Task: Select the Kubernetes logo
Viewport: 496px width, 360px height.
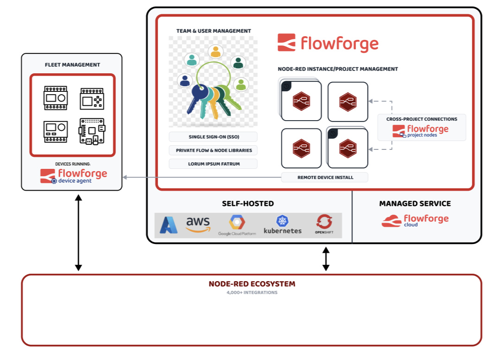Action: [x=282, y=225]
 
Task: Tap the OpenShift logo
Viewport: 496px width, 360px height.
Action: [x=324, y=225]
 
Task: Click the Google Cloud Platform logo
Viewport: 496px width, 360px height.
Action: [x=237, y=225]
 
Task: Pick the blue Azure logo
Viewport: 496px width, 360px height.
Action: [x=169, y=225]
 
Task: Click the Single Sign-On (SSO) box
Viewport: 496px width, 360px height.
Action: [x=213, y=137]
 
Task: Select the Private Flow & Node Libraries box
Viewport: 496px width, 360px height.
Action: [x=213, y=150]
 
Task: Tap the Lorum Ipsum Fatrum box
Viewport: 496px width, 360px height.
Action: [x=213, y=164]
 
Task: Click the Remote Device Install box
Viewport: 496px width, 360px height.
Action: [x=325, y=177]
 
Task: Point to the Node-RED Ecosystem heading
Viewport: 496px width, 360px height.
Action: [x=252, y=284]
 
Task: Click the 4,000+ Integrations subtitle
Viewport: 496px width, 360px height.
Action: [x=252, y=293]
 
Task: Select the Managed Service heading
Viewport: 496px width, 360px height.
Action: [x=415, y=203]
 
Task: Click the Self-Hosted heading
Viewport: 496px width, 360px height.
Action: [x=248, y=203]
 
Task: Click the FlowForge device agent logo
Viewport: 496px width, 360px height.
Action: [x=73, y=176]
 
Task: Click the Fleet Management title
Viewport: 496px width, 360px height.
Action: [x=72, y=65]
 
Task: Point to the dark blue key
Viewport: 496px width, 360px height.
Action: [x=196, y=97]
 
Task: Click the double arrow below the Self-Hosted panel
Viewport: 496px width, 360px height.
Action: [x=326, y=259]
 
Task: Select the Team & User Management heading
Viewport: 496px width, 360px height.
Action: [x=213, y=31]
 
